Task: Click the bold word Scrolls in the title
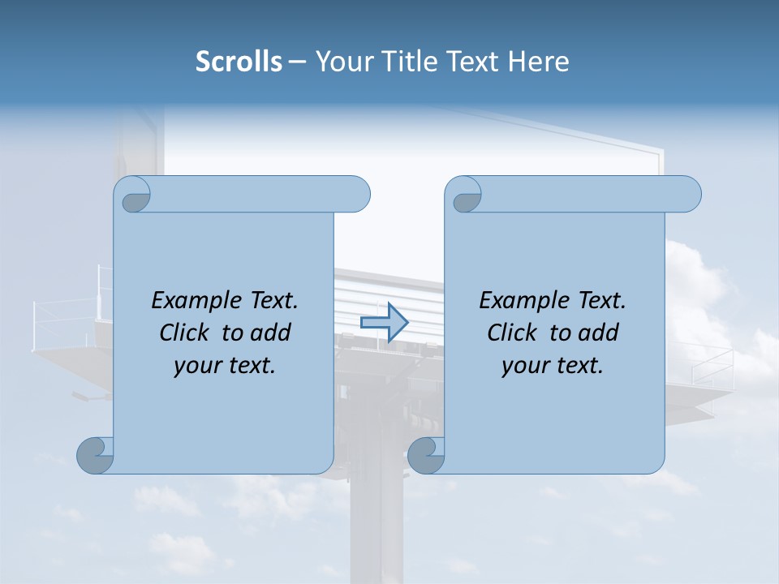(239, 62)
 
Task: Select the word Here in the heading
(539, 62)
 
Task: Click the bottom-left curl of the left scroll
(95, 456)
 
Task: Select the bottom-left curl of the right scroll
(425, 456)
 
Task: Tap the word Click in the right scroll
(513, 333)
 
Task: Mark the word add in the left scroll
(272, 333)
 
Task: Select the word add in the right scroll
(600, 333)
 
